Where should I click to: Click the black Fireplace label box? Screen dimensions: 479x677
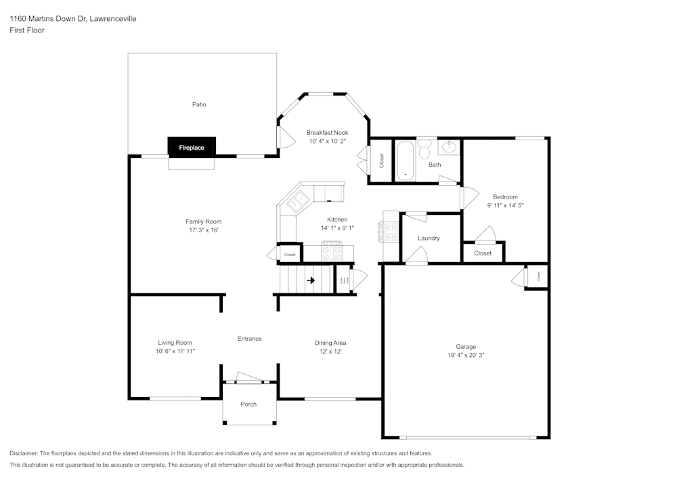(x=191, y=147)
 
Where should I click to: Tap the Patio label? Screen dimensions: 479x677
(x=198, y=104)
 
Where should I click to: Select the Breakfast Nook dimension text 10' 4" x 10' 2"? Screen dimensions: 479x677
(x=327, y=142)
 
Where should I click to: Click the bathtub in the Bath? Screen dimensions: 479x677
(x=405, y=161)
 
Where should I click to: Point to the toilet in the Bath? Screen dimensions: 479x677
(x=425, y=147)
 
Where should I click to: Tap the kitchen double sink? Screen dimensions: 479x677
(x=298, y=200)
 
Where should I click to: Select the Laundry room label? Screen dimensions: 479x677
(x=429, y=238)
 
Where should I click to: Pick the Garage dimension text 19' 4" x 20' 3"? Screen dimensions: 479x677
(x=465, y=355)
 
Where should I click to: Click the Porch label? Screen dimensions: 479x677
(x=248, y=404)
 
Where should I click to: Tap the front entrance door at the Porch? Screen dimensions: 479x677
(x=249, y=378)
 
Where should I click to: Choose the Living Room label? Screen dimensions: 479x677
(x=175, y=343)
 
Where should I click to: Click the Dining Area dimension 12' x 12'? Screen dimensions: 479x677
(x=330, y=352)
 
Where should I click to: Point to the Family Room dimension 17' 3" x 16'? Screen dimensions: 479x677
(x=203, y=230)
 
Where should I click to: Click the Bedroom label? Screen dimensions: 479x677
(x=506, y=197)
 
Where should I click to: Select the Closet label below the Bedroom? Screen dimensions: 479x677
(x=483, y=253)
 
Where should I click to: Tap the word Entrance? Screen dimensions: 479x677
(x=249, y=339)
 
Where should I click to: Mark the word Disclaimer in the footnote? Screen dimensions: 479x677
(x=24, y=453)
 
